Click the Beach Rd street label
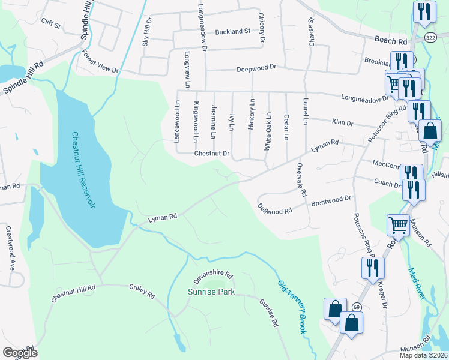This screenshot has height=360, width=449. (x=390, y=41)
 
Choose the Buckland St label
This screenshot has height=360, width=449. (x=232, y=31)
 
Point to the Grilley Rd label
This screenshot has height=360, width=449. (x=142, y=291)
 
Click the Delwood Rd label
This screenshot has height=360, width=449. (x=274, y=209)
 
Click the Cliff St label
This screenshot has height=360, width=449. (x=51, y=25)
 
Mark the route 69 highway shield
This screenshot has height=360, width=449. (x=357, y=307)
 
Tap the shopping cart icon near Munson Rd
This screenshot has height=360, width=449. (x=399, y=225)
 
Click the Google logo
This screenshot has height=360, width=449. (x=20, y=353)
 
